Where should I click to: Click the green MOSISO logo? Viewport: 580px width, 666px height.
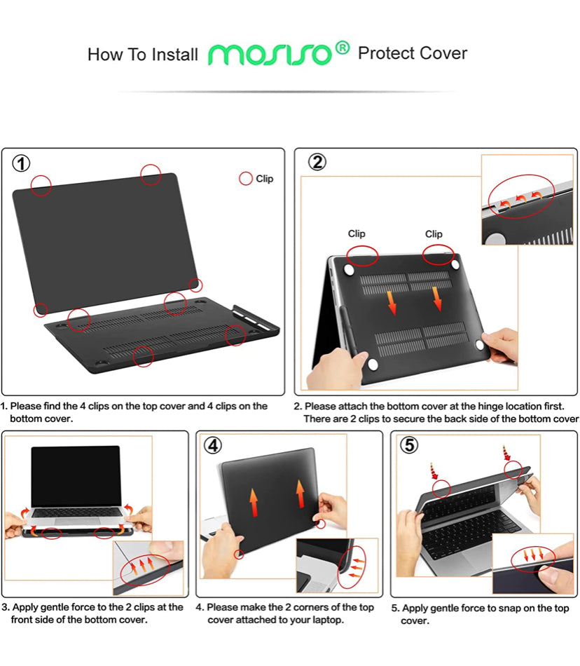pyautogui.click(x=270, y=55)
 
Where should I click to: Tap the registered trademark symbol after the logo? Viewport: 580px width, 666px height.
pyautogui.click(x=343, y=48)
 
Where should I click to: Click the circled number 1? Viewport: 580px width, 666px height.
pyautogui.click(x=21, y=163)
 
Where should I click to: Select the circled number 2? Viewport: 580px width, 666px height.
pyautogui.click(x=317, y=162)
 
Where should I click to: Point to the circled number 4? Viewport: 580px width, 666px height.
pyautogui.click(x=213, y=446)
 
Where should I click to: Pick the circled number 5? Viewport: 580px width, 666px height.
pyautogui.click(x=409, y=444)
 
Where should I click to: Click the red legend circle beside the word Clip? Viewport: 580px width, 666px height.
pyautogui.click(x=246, y=178)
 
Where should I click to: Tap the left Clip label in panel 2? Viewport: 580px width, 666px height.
pyautogui.click(x=357, y=233)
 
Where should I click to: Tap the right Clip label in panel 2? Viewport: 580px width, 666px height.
pyautogui.click(x=434, y=234)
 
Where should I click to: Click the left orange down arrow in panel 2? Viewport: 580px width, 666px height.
pyautogui.click(x=392, y=303)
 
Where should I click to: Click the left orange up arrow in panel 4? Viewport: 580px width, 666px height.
pyautogui.click(x=254, y=502)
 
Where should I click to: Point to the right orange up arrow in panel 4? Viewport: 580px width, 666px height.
pyautogui.click(x=300, y=494)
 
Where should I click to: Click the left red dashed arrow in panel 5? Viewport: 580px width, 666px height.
pyautogui.click(x=433, y=471)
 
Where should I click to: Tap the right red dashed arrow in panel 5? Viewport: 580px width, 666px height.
pyautogui.click(x=506, y=453)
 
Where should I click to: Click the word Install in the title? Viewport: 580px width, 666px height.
pyautogui.click(x=175, y=55)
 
